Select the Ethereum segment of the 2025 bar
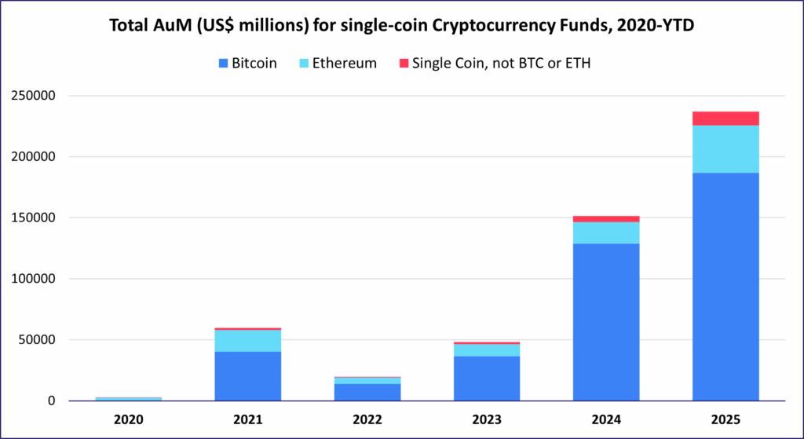[x=725, y=149]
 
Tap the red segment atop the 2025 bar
[x=725, y=119]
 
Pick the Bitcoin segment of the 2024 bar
[x=606, y=322]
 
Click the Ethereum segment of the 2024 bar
[x=606, y=232]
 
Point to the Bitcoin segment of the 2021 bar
[x=248, y=375]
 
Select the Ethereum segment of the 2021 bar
[x=248, y=340]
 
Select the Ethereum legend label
[x=344, y=63]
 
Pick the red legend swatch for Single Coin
[x=405, y=63]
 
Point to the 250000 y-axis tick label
[x=35, y=96]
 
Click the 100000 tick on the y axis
[x=35, y=279]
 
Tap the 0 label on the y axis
[x=52, y=401]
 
